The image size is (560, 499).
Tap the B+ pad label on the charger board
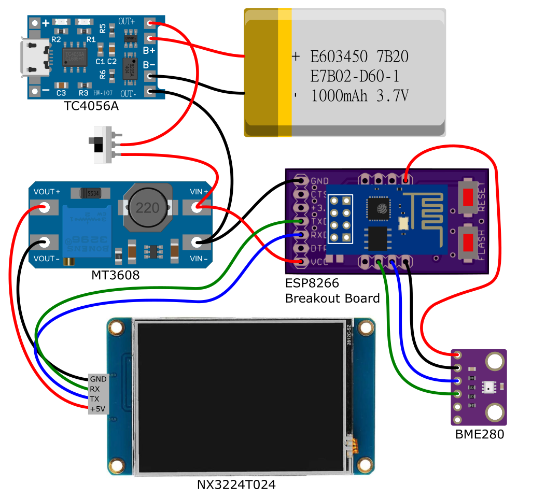(x=149, y=50)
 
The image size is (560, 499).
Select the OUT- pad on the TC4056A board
(x=151, y=92)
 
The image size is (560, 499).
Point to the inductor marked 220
(x=148, y=208)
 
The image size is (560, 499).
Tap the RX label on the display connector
(x=95, y=389)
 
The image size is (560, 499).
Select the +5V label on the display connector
(x=97, y=409)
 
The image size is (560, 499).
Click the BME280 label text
(x=479, y=434)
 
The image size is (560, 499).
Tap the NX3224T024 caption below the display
(x=236, y=485)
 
